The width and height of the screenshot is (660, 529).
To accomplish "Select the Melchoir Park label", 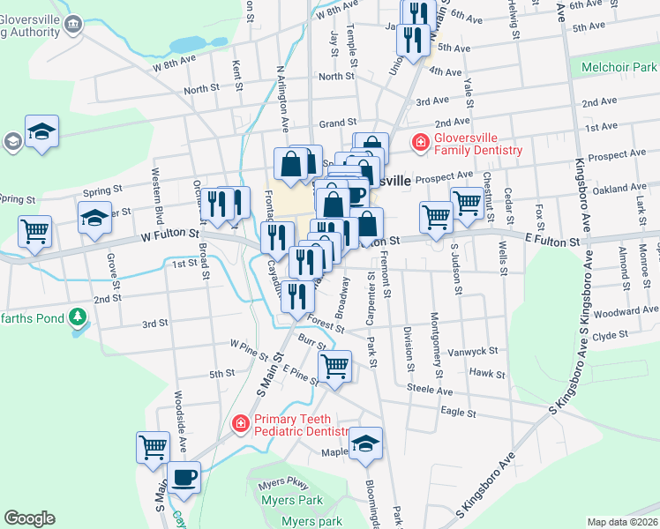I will (x=619, y=67).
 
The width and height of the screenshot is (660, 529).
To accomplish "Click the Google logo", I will (x=29, y=518).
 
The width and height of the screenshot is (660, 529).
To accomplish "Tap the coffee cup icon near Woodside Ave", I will (x=184, y=478).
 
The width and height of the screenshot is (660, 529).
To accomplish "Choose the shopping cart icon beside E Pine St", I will (x=334, y=365).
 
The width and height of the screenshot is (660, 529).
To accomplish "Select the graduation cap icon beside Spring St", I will (x=94, y=217).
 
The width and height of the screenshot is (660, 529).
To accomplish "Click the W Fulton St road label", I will (x=168, y=236).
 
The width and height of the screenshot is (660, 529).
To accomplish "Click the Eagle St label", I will (x=458, y=412).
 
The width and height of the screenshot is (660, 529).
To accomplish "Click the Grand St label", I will (x=337, y=123).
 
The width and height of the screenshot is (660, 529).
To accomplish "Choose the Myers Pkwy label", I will (x=284, y=485).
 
